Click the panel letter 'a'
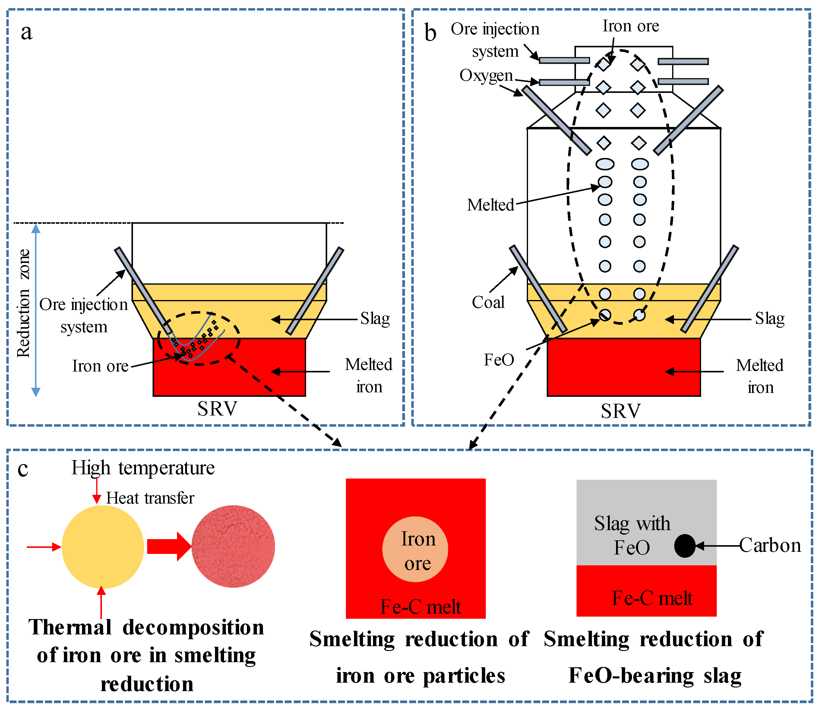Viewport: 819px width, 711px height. click(26, 33)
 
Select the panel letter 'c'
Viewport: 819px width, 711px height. click(23, 469)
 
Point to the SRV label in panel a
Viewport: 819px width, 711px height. click(217, 409)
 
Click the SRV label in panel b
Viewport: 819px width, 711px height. click(621, 411)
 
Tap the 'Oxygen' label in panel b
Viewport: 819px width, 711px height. click(486, 75)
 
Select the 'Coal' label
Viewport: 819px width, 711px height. click(488, 302)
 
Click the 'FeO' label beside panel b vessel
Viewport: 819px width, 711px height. click(499, 360)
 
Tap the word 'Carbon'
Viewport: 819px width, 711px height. click(770, 545)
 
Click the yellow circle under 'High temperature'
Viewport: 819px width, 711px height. click(103, 547)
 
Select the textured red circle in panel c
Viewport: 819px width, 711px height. click(233, 546)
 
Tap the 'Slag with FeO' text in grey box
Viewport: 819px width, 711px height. click(632, 535)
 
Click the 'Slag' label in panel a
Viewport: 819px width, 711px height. click(375, 319)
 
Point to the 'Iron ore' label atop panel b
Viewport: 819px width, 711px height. click(631, 26)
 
